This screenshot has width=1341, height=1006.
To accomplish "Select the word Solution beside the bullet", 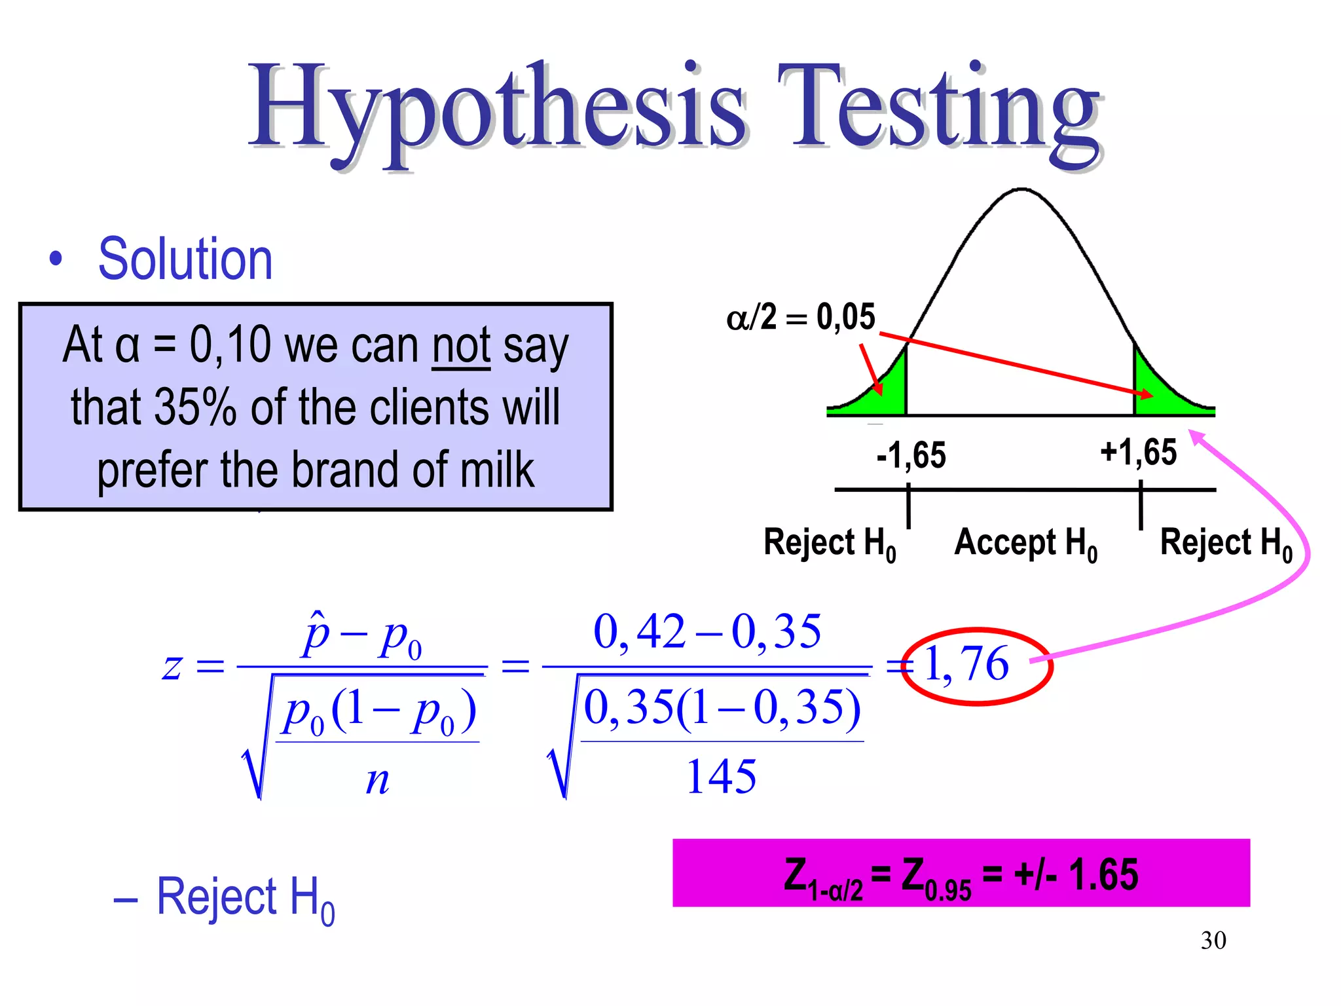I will click(185, 259).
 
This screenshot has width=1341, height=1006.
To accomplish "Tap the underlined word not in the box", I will click(461, 345).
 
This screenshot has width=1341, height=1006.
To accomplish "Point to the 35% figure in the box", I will click(195, 407).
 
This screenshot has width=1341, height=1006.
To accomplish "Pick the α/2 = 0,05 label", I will click(800, 318).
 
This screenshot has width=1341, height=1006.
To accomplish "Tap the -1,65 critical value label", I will click(911, 455).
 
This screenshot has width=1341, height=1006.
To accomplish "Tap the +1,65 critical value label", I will click(1138, 452).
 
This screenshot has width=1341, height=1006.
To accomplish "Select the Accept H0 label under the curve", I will click(1025, 544).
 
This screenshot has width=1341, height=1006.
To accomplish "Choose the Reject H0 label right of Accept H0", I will click(1226, 544).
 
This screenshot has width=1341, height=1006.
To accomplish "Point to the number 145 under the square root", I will click(721, 777).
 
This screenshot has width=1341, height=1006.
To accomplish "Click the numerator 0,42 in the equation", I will click(639, 632).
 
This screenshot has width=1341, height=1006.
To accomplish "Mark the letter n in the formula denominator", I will click(377, 781).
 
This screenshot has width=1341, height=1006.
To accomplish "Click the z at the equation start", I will click(172, 667).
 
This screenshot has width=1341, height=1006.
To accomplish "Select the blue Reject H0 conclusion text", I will click(246, 898).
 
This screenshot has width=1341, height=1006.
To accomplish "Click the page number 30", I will click(1213, 941).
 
